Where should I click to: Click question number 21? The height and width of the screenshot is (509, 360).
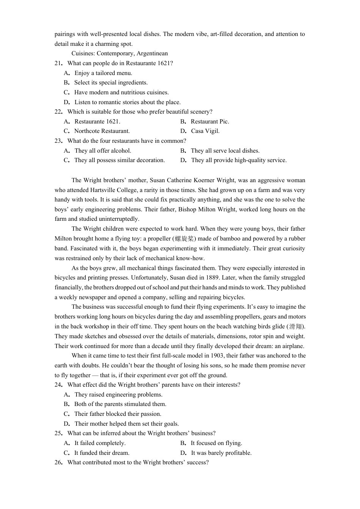(x=58, y=63)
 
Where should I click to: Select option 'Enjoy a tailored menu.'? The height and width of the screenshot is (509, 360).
(x=103, y=73)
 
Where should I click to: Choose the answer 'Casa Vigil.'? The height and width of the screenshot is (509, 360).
(x=205, y=131)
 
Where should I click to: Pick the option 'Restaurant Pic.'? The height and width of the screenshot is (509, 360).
(x=210, y=122)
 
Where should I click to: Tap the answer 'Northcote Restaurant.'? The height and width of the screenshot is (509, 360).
(x=102, y=131)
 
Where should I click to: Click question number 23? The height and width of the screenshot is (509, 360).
(x=58, y=141)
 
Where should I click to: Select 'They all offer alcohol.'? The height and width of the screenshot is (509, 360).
(x=103, y=151)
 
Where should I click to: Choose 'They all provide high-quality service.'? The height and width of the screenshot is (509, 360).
(x=239, y=160)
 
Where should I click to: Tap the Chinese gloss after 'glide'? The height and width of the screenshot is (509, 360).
(x=296, y=326)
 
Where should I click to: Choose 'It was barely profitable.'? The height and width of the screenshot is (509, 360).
(x=221, y=453)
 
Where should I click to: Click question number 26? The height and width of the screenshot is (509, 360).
(x=58, y=462)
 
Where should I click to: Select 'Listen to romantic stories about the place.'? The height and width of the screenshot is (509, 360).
(x=127, y=102)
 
